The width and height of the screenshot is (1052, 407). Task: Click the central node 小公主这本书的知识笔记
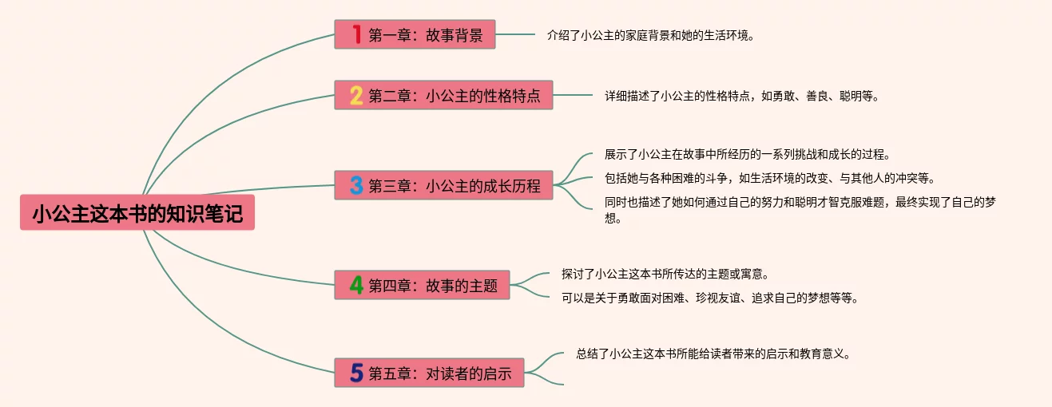click(137, 213)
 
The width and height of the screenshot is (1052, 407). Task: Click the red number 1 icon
click(356, 34)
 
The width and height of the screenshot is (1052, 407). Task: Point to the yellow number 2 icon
click(356, 96)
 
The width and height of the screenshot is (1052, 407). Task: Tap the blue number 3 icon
click(356, 186)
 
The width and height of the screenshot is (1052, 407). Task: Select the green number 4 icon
click(356, 285)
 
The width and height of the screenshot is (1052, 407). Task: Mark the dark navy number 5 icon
click(356, 373)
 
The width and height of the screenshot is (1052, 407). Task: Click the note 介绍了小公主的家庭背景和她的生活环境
click(650, 36)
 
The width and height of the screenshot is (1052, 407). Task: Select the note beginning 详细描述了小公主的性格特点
click(741, 97)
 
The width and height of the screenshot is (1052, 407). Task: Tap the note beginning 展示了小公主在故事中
click(747, 154)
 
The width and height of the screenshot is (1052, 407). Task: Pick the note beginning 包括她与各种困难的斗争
click(769, 178)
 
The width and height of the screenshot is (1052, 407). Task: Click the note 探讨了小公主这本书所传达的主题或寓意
click(665, 274)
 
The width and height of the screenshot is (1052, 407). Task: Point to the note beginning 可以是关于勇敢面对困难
click(709, 298)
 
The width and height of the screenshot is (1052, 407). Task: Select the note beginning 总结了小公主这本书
click(713, 354)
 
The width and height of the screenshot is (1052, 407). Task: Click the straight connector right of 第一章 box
click(515, 34)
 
